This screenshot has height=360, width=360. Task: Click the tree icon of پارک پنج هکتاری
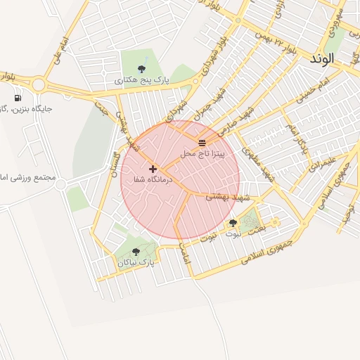pyautogui.click(x=142, y=69)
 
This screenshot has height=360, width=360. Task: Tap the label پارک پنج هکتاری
pyautogui.click(x=142, y=81)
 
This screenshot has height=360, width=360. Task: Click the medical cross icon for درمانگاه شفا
pyautogui.click(x=153, y=169)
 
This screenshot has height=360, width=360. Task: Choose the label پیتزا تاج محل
pyautogui.click(x=202, y=153)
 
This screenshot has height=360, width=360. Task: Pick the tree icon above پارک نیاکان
pyautogui.click(x=136, y=251)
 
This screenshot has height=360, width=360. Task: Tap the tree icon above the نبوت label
pyautogui.click(x=233, y=223)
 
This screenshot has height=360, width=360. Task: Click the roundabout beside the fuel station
pyautogui.click(x=38, y=85)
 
